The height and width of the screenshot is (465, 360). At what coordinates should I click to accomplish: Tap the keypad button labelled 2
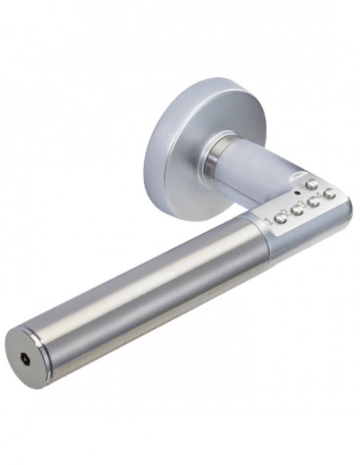pos(297,209)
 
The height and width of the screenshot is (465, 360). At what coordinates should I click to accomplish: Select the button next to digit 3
pos(313,201)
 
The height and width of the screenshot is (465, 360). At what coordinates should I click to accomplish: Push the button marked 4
pos(330,193)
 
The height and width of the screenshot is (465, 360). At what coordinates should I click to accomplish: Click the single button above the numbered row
pos(311,185)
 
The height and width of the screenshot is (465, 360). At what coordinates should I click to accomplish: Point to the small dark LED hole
pos(296,193)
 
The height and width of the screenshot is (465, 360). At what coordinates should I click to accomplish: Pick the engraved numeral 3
pos(304,205)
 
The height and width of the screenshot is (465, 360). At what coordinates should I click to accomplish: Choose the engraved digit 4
pos(321,196)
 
